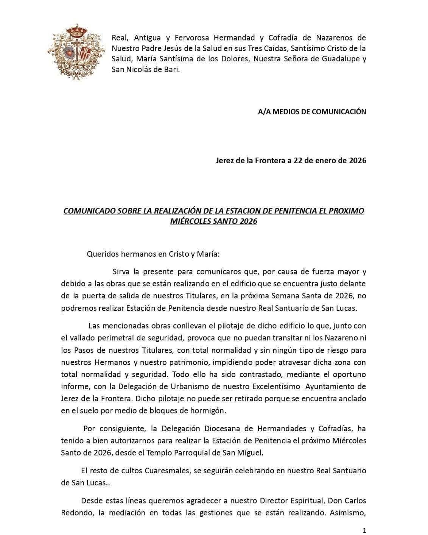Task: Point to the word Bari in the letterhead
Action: pyautogui.click(x=170, y=70)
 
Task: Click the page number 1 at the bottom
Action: pyautogui.click(x=364, y=530)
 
